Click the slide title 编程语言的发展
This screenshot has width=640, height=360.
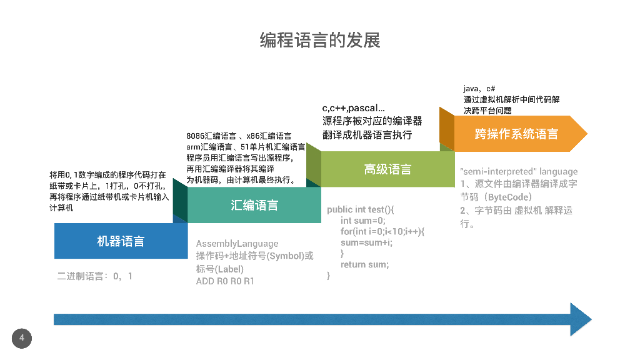320,41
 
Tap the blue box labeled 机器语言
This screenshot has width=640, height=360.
121,241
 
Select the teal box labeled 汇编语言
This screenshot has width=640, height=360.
254,205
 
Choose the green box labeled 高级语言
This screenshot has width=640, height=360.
387,169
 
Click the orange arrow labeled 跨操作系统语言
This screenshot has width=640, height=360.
516,134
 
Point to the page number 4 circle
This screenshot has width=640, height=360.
21,338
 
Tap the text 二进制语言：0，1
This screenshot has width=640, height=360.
95,276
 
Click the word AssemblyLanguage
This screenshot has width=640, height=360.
237,244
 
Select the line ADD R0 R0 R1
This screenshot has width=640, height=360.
225,281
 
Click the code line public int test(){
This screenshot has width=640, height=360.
361,209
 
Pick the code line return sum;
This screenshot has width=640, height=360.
364,264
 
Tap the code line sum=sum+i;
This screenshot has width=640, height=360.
366,242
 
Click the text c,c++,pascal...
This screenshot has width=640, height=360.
353,109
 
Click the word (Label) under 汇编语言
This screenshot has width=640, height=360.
229,269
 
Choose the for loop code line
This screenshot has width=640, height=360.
382,231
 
